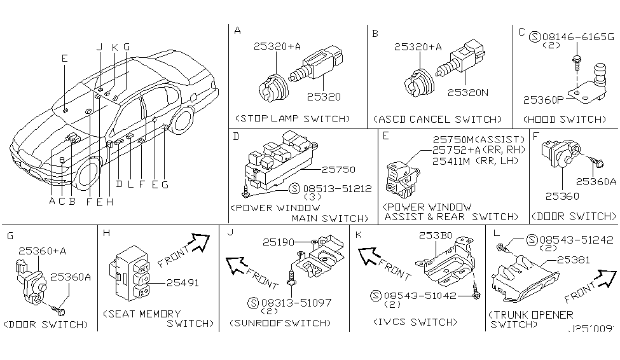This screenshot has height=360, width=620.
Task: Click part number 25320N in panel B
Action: pos(467,92)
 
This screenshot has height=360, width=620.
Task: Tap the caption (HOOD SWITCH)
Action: pos(564,119)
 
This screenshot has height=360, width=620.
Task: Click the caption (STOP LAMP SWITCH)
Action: pos(292,119)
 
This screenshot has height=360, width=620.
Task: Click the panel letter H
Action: pos(106,235)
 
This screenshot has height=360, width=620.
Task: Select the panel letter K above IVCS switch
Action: pos(360,235)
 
